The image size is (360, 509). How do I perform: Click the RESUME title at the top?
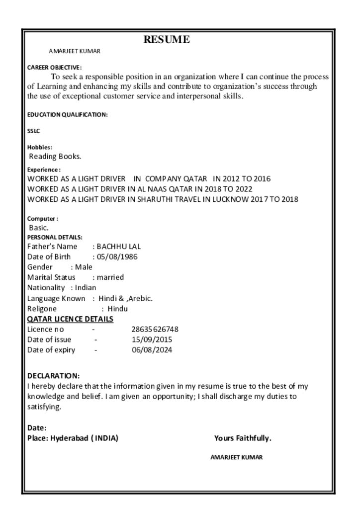[167, 39]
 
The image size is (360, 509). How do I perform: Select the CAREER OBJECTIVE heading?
[54, 67]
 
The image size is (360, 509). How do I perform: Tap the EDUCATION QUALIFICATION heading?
[67, 115]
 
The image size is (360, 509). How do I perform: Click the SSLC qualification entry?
[33, 131]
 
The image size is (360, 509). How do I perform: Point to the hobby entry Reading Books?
[55, 157]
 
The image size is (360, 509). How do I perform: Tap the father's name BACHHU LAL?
[119, 247]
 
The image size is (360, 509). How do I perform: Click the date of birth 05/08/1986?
[117, 257]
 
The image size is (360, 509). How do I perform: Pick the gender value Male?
[84, 267]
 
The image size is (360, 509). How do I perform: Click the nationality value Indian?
[86, 287]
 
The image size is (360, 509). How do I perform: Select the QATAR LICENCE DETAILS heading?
[70, 319]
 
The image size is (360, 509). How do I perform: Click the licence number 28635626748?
[155, 329]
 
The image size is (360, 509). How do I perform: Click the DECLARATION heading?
[53, 376]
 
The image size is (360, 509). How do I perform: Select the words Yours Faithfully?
[243, 438]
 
